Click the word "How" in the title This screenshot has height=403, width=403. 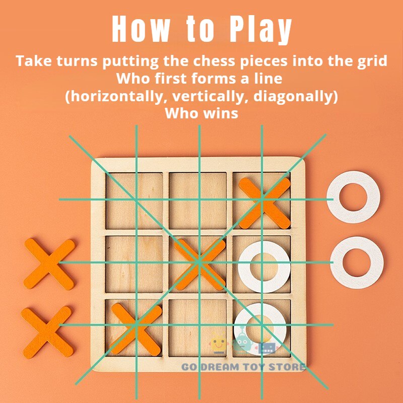(x=141, y=29)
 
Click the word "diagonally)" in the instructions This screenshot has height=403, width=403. (x=296, y=97)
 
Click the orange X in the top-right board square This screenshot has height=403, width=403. (x=264, y=203)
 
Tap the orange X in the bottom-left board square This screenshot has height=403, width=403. (x=136, y=329)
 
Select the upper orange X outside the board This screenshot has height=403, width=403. (x=49, y=264)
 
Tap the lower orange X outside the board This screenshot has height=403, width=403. (x=47, y=332)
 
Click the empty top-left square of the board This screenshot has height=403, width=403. (x=134, y=200)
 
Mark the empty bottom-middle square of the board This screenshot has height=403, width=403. (x=197, y=328)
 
